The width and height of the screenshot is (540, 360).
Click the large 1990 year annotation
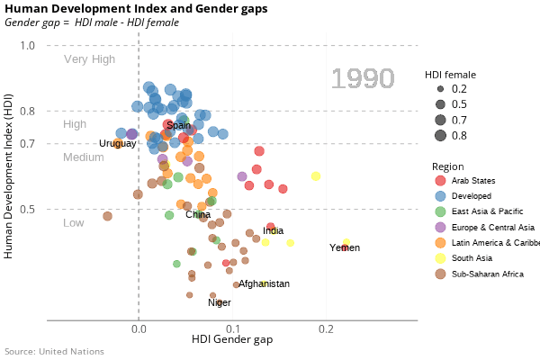pos(363,79)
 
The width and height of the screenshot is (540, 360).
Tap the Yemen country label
pos(345,247)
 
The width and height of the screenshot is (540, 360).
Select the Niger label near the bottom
pos(220,302)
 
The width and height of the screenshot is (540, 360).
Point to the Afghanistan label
pos(264,283)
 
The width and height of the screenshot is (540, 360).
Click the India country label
pos(274,231)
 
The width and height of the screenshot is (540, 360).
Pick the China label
pos(198,214)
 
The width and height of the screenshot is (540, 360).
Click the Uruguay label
pos(118,144)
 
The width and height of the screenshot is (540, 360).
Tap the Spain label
pos(179,126)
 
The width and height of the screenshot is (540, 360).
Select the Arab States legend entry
pos(472,181)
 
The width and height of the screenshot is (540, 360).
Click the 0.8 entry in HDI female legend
pos(459,136)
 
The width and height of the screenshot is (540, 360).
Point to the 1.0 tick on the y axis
pos(27,45)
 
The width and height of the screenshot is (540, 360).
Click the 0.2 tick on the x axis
pos(325,329)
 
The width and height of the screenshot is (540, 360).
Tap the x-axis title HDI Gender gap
pos(232,340)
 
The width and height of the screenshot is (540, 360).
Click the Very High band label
pos(89,59)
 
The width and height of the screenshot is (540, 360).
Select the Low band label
pos(74,222)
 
